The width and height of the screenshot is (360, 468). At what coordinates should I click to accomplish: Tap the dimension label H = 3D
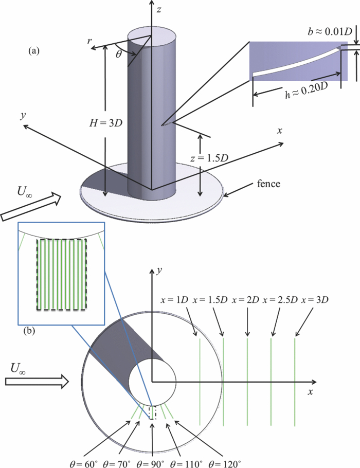(x=105, y=123)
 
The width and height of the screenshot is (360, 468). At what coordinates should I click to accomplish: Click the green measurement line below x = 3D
(x=295, y=381)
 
